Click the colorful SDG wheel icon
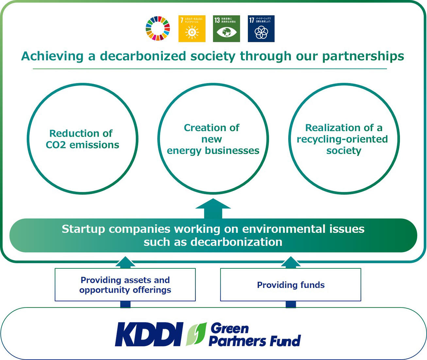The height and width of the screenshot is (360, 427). point(158,28)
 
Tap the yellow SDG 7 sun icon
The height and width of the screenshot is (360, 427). point(192,29)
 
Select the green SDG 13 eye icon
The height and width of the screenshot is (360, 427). point(226,29)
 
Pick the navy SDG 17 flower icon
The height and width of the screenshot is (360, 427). point(261,29)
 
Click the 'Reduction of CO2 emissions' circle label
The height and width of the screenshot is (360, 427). point(82,139)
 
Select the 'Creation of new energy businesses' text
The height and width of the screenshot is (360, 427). point(213,139)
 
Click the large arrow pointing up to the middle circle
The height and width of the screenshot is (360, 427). point(213,208)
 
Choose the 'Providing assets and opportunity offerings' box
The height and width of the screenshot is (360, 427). point(125,285)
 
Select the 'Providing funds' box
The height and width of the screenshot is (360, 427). point(291,285)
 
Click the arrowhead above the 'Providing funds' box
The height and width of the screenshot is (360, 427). point(291,262)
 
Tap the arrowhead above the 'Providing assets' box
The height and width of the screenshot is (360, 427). point(125,262)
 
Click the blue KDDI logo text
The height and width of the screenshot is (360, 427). point(149,334)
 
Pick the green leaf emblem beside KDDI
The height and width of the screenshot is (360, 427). point(196,334)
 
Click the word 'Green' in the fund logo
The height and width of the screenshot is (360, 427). point(230,328)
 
